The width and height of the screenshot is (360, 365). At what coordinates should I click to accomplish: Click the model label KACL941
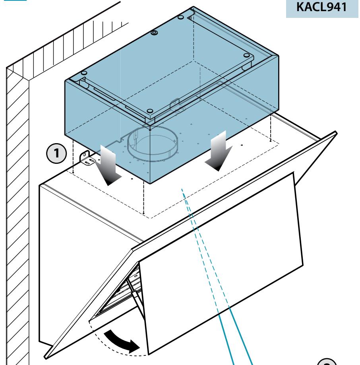[x=321, y=7]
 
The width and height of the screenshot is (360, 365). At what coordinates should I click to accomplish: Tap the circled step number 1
[x=56, y=153]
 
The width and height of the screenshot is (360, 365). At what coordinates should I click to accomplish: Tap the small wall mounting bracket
[x=87, y=158]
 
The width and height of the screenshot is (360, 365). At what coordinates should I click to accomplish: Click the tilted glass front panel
[x=221, y=263]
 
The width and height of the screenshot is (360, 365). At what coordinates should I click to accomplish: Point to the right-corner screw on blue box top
[x=247, y=55]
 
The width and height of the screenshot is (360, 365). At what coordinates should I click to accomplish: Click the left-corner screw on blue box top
[x=84, y=73]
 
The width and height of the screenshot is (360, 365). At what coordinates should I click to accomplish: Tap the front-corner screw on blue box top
[x=150, y=111]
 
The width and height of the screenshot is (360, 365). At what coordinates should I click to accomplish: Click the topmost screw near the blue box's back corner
[x=180, y=17]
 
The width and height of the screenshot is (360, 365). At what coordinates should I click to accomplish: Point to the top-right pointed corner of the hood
[x=336, y=132]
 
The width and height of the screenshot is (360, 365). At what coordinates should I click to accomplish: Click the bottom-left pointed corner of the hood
[x=45, y=357]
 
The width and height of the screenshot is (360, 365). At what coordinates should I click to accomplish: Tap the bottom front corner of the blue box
[x=150, y=184]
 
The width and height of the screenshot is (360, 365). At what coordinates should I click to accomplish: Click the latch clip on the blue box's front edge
[x=175, y=104]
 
